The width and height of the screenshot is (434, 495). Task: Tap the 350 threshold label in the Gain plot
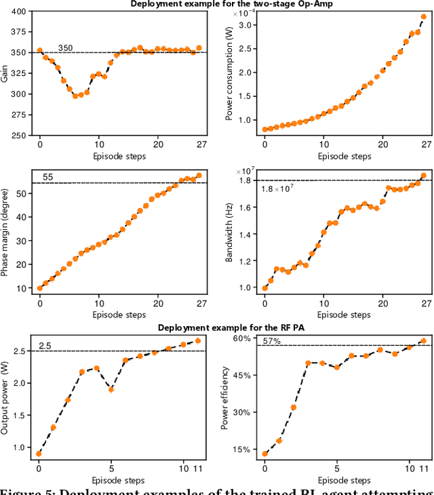tap(65, 48)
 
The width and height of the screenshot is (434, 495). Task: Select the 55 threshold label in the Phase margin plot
tap(48, 178)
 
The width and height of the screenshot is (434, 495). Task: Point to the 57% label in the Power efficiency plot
tap(272, 341)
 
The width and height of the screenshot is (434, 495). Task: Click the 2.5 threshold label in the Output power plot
tap(45, 346)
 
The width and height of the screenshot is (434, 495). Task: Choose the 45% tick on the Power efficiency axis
tap(241, 375)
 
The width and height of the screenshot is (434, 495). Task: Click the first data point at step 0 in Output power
tap(39, 454)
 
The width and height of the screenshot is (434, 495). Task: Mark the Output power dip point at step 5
tap(111, 389)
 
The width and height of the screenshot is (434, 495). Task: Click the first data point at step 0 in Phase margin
tap(39, 288)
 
